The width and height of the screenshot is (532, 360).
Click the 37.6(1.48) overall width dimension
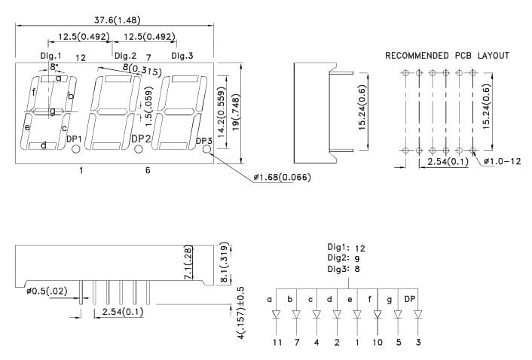(117, 20)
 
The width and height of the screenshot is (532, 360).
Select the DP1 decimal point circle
(75, 149)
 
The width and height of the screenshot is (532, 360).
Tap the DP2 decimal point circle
(138, 149)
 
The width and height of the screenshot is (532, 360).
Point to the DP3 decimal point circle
(206, 149)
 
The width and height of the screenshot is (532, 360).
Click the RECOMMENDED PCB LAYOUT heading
(447, 56)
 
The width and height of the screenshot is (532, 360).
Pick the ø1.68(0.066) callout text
(283, 177)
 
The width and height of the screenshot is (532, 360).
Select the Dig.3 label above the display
(182, 56)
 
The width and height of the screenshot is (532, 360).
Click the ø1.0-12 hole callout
(502, 161)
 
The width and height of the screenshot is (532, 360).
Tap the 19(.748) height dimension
(236, 112)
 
